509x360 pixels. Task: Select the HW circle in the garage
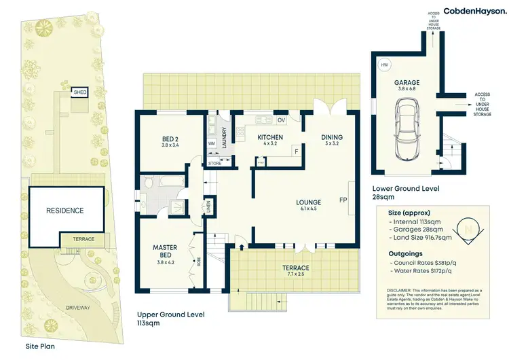point(385,65)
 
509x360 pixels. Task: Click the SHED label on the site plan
point(80,92)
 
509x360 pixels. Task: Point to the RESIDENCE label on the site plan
point(65,211)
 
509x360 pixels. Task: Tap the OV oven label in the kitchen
point(282,120)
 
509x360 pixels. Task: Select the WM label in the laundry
point(211,143)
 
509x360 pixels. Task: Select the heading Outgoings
point(403,251)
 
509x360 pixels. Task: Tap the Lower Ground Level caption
point(406,188)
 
